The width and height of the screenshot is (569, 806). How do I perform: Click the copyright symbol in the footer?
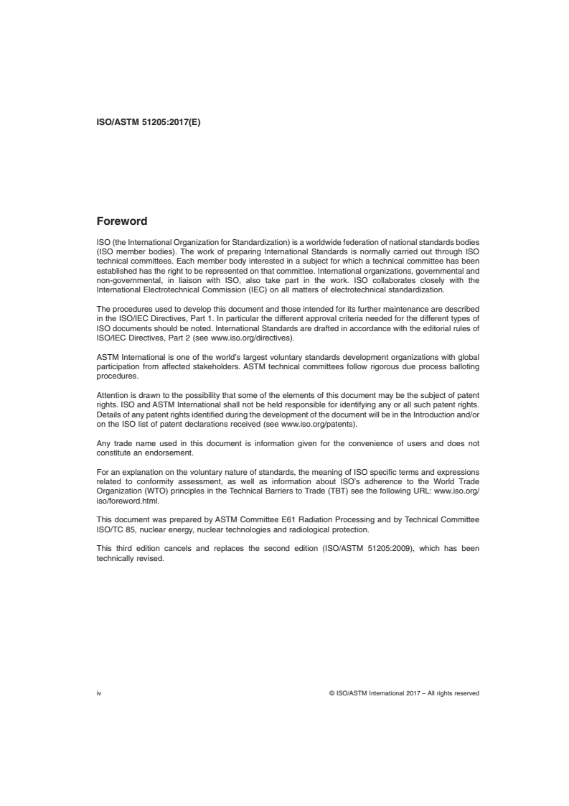(x=331, y=693)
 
